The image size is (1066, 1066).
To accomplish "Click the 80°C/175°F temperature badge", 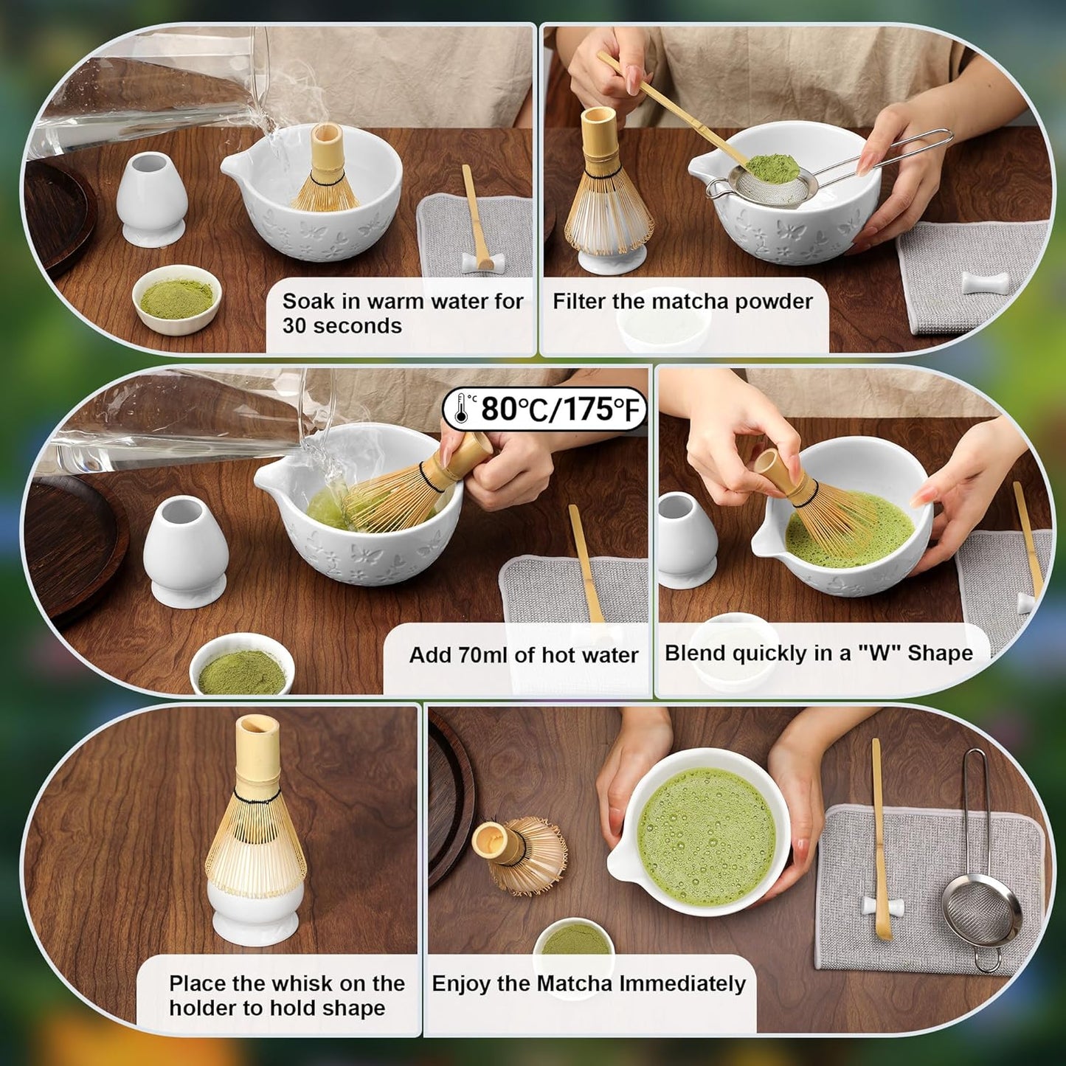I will click(x=544, y=408).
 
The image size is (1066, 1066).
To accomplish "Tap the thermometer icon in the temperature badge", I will click(x=462, y=408).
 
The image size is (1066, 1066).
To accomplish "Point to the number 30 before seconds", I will click(x=294, y=325).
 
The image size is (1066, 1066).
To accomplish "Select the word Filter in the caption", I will click(x=578, y=301).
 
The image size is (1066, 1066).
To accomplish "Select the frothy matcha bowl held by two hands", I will click(x=705, y=834).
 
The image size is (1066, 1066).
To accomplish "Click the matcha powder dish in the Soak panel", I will click(x=176, y=299).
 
